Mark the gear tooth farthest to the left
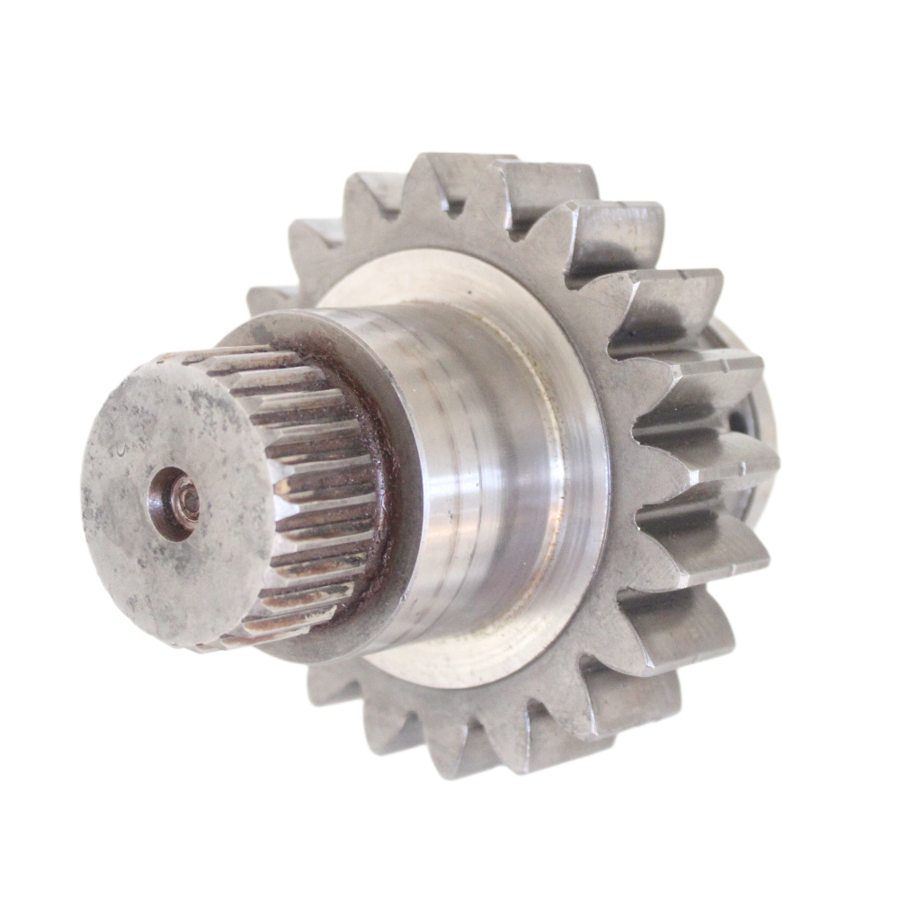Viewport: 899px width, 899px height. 270,301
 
